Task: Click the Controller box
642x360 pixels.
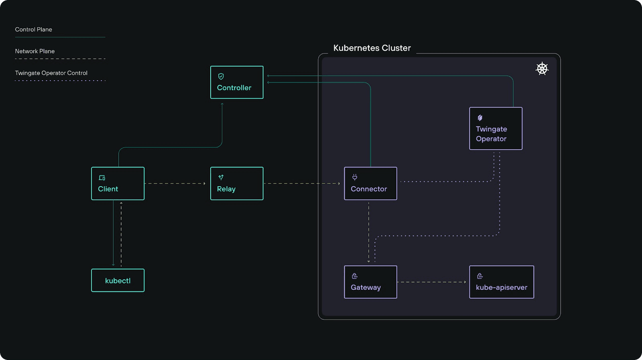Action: click(x=237, y=82)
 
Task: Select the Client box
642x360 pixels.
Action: click(x=118, y=183)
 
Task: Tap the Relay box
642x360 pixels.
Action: click(x=237, y=183)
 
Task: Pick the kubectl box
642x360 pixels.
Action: click(x=118, y=280)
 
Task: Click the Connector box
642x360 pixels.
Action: click(x=371, y=183)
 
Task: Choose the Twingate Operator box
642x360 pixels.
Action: click(x=496, y=128)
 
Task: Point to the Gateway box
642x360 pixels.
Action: click(x=371, y=282)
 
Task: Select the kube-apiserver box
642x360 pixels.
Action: click(x=502, y=282)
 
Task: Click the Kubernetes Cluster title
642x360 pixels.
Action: click(x=372, y=48)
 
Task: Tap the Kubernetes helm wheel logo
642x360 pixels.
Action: click(x=542, y=69)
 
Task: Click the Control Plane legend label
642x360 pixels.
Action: click(x=34, y=30)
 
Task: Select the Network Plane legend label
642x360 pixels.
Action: click(x=35, y=51)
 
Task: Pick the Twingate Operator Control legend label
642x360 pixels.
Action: click(x=51, y=73)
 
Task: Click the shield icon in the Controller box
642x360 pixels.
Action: click(x=221, y=76)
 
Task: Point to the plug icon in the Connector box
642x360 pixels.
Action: click(x=355, y=177)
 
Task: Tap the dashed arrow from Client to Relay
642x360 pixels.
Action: click(x=175, y=183)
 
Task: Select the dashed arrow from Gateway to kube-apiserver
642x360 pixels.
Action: click(x=432, y=282)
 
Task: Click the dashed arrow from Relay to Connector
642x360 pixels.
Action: click(x=302, y=183)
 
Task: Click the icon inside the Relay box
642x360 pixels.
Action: click(x=221, y=177)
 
